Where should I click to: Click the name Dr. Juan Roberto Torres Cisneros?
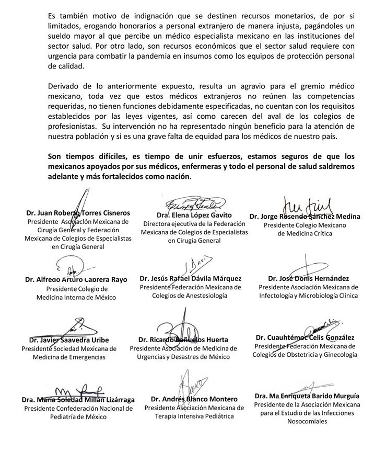(78, 213)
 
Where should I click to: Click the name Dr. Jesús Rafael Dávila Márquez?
(190, 279)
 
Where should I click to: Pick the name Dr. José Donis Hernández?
(308, 279)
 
